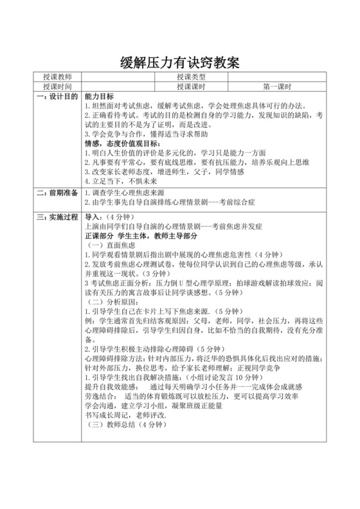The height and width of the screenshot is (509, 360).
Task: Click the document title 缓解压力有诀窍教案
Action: click(x=180, y=64)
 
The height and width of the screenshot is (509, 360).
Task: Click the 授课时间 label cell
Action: click(x=57, y=86)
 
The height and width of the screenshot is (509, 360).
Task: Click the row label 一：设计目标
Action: click(x=57, y=96)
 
